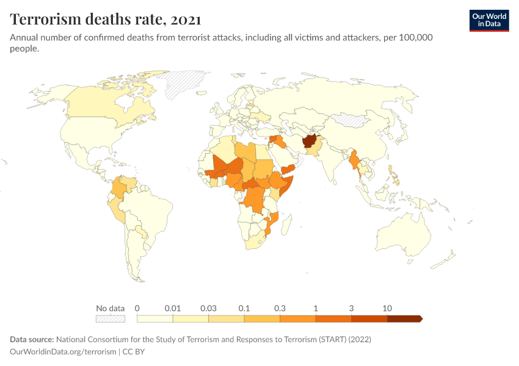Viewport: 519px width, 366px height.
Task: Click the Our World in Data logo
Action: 488,20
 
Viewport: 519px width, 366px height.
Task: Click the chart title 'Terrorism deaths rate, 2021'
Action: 106,20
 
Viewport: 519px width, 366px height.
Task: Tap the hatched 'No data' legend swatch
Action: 110,318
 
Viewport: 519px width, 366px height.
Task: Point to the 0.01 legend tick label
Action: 173,308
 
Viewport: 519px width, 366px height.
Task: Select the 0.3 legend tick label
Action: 280,308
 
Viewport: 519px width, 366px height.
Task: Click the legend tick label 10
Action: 387,308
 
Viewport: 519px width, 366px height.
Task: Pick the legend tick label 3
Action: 351,308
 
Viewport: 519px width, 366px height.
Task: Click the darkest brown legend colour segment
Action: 404,318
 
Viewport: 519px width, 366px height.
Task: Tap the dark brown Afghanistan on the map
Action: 310,142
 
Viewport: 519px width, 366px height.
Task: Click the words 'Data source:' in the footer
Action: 31,339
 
